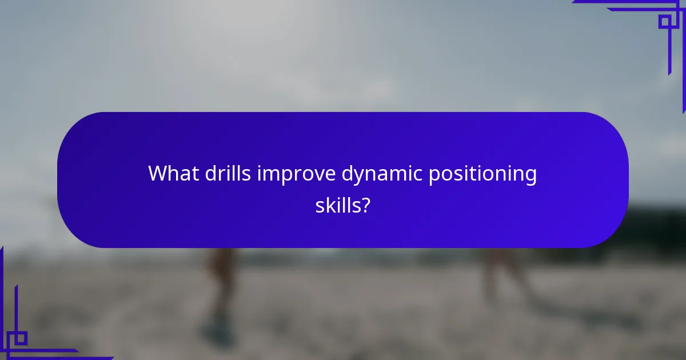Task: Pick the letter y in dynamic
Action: [361, 177]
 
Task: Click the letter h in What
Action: [171, 174]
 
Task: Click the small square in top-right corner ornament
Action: [664, 22]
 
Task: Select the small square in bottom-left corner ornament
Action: [20, 338]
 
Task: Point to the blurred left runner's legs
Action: [220, 286]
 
